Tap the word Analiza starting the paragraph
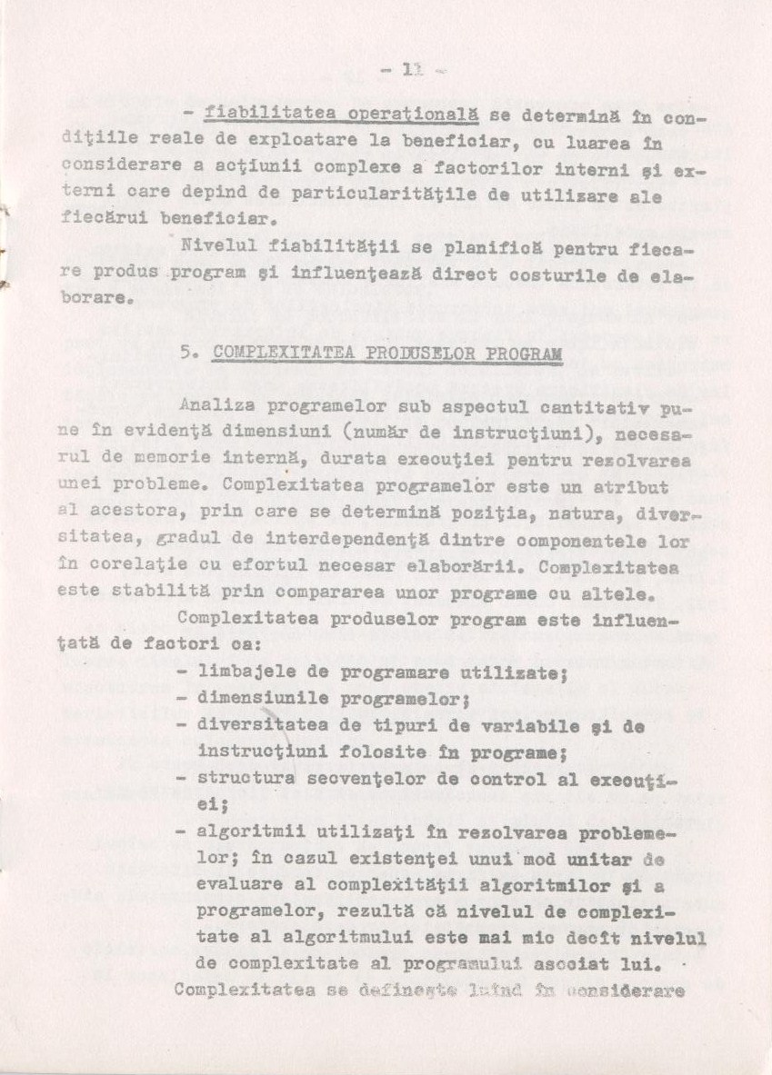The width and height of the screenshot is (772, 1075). (216, 407)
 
